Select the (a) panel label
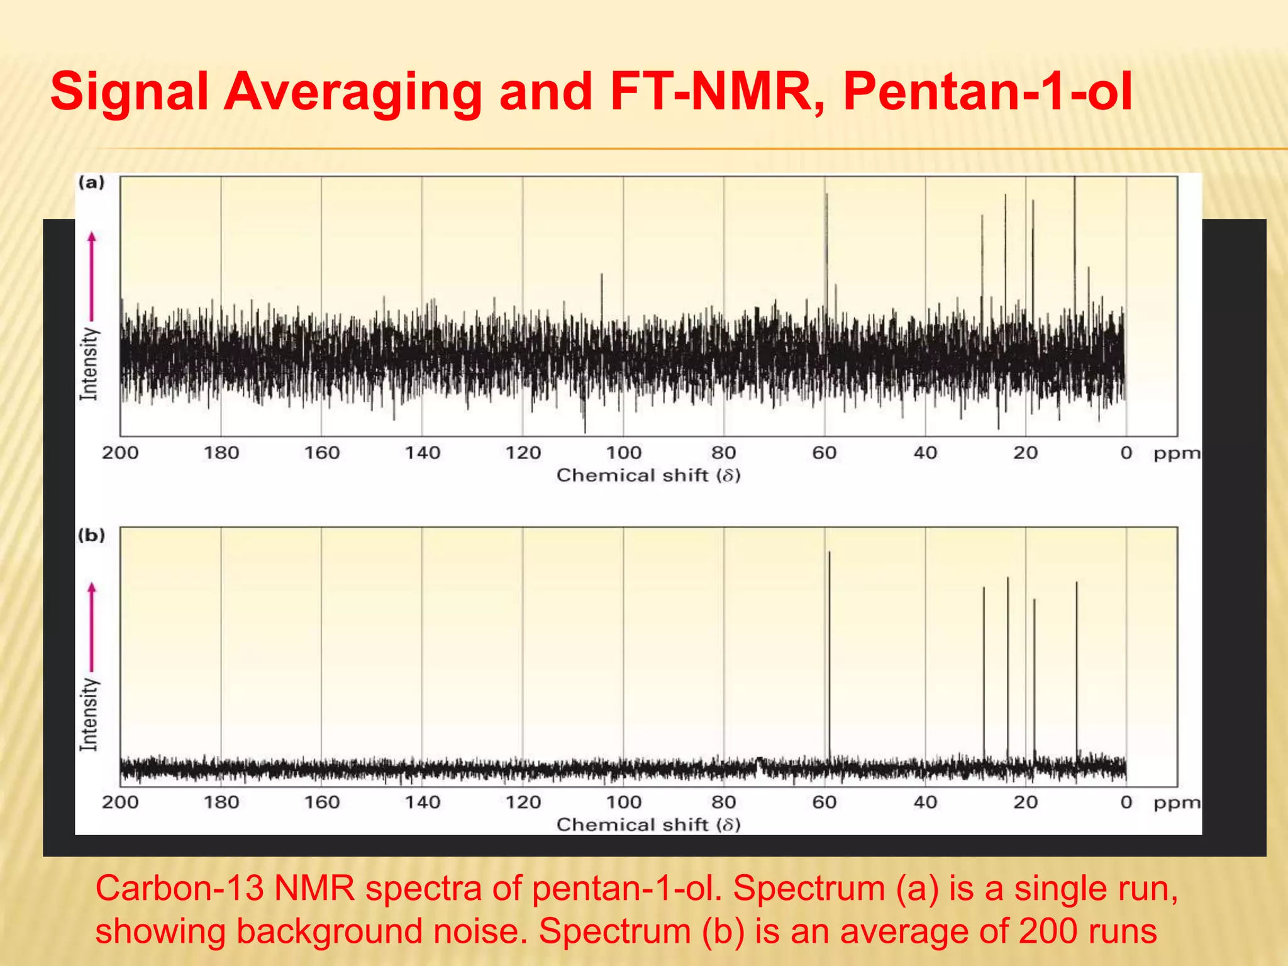click(91, 183)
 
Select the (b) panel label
click(91, 535)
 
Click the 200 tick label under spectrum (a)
click(120, 453)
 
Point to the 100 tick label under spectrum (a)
click(623, 453)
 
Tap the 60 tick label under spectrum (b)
click(824, 802)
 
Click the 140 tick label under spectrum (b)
click(422, 802)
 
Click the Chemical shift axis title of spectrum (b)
click(648, 824)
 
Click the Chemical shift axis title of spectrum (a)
click(648, 475)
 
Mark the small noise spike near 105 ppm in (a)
click(602, 296)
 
